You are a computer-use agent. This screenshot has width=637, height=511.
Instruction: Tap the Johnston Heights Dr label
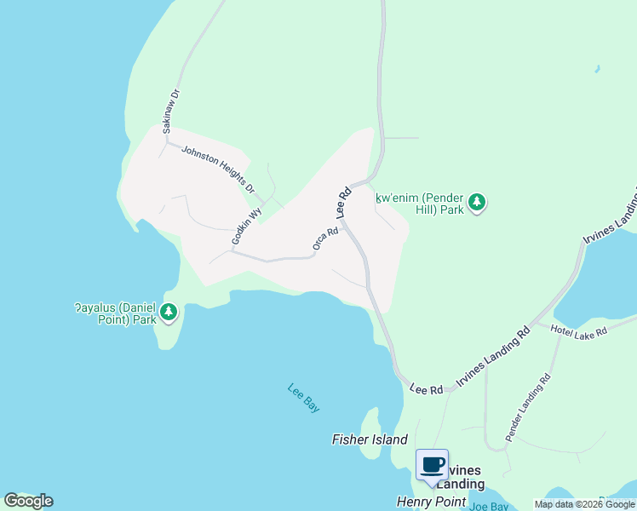pos(218,167)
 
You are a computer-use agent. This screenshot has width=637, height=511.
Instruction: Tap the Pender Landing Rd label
pos(528,406)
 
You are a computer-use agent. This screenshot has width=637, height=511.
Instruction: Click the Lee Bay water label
pos(303,398)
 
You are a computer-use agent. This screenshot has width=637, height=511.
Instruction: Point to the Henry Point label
pos(430,502)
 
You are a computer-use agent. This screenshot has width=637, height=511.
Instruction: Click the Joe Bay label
pos(489,506)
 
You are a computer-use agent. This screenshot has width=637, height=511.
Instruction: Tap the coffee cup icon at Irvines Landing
pos(432,465)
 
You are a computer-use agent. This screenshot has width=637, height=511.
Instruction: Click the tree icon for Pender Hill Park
pos(479,203)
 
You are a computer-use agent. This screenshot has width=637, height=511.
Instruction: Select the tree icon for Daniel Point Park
pos(169,313)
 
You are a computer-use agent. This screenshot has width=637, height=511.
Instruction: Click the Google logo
pos(28,501)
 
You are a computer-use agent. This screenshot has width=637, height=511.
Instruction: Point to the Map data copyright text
pos(584,504)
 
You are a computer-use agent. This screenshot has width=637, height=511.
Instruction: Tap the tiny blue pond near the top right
pos(597,68)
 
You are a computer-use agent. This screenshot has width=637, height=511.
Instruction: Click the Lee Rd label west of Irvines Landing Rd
pos(427,388)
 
